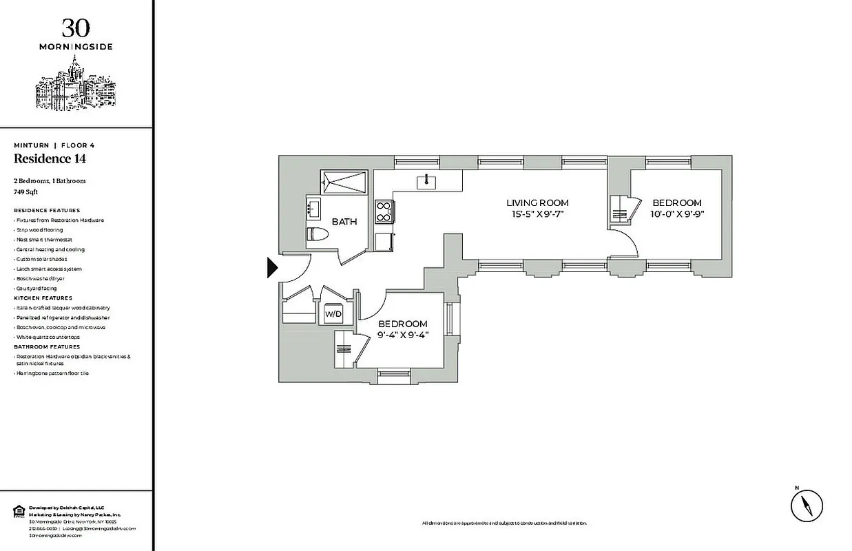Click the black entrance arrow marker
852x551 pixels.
click(272, 267)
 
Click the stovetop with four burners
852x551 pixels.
click(383, 211)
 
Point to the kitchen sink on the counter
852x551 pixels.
click(426, 181)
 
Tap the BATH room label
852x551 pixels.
click(344, 222)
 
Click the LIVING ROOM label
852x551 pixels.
click(537, 202)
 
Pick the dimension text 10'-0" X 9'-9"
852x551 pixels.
click(677, 214)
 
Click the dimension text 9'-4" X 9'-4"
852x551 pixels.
click(402, 335)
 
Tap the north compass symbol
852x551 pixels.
click(807, 505)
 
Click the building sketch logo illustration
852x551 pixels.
click(75, 85)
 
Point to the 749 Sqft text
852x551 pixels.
click(25, 192)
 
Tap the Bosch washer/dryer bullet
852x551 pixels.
click(41, 278)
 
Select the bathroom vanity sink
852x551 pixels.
click(313, 207)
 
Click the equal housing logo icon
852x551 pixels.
click(19, 510)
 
